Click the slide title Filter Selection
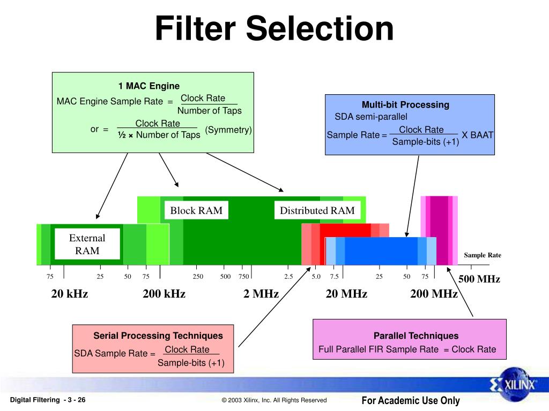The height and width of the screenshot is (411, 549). point(274,29)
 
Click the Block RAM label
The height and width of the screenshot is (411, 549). point(196,210)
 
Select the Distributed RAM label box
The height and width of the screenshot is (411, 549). point(317,210)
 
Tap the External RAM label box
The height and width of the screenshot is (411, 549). point(87,245)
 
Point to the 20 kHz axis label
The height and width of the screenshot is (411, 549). point(70,294)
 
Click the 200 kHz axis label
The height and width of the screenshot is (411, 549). point(164,294)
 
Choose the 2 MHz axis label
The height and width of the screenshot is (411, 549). point(261,294)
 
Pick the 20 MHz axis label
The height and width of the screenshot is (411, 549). point(346,294)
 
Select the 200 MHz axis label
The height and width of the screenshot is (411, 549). point(434,294)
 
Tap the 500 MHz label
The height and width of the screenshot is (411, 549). point(479,279)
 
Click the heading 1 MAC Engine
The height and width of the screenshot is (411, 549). point(149,86)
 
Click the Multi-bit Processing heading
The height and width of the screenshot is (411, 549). point(405,104)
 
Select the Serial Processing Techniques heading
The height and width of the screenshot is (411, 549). point(158,336)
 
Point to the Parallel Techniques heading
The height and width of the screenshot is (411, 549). point(416,336)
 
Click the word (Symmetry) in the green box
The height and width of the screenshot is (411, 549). point(228,130)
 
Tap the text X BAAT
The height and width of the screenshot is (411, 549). point(477,135)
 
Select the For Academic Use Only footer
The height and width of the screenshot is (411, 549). point(411,400)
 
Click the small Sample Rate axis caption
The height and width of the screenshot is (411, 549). point(483,255)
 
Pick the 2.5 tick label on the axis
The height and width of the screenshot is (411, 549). point(288,276)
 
